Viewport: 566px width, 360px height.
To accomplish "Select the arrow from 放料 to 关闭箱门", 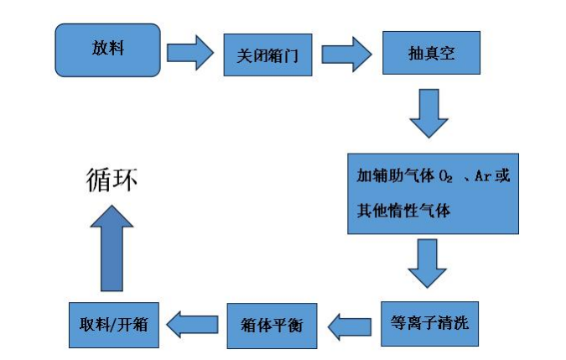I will coord(191,53).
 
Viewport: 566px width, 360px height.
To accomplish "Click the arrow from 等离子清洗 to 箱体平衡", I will coord(348,325).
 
